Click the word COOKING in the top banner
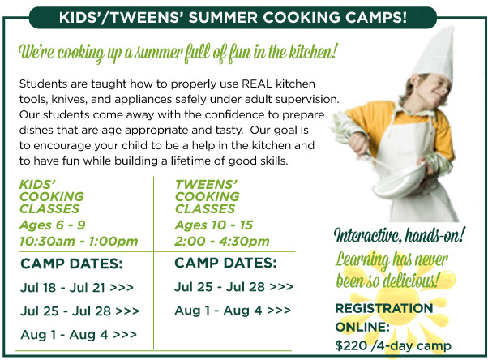point(301,17)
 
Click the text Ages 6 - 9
point(52,225)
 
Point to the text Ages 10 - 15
point(214,225)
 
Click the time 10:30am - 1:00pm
point(79,241)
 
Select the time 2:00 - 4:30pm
point(222,241)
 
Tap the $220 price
point(351,345)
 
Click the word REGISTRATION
point(384,308)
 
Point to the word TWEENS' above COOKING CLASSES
point(206,185)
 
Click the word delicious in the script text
point(410,281)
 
